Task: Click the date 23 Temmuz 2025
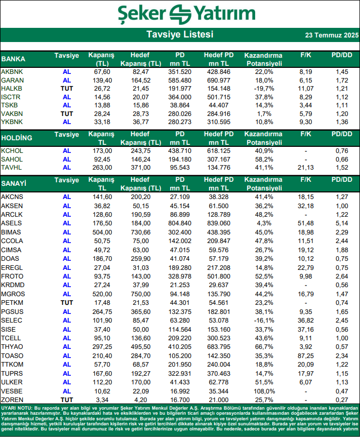click(x=332, y=35)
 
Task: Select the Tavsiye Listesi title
click(x=180, y=34)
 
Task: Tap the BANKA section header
click(x=14, y=59)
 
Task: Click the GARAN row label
click(x=11, y=81)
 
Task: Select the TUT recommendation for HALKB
click(x=67, y=89)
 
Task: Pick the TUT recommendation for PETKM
click(x=67, y=303)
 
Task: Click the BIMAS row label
click(x=11, y=231)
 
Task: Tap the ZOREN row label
click(x=12, y=400)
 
